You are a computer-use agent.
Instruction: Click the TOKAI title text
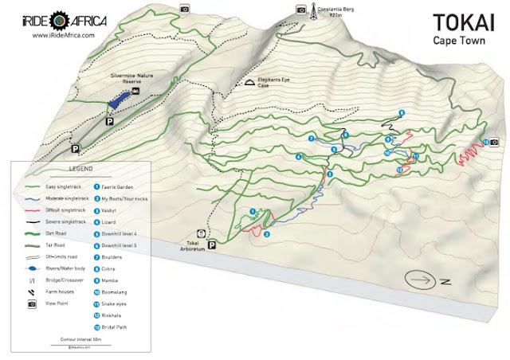(457, 22)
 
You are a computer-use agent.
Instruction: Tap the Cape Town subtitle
(457, 40)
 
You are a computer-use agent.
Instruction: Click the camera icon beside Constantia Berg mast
(300, 11)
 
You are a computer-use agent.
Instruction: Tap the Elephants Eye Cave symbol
(249, 82)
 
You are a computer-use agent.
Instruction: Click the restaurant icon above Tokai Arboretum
(200, 233)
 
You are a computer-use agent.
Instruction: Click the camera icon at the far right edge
(495, 142)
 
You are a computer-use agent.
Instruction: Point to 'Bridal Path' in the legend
(116, 327)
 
